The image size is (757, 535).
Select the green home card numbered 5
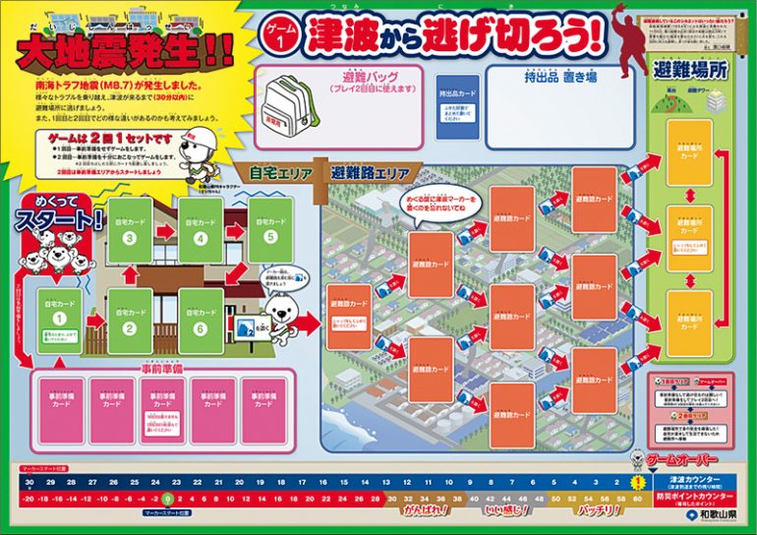point(270,229)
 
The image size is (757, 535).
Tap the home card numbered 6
point(201,319)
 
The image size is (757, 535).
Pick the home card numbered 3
point(130,229)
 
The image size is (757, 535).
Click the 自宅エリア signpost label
point(280,174)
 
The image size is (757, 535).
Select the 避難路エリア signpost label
point(371,173)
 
